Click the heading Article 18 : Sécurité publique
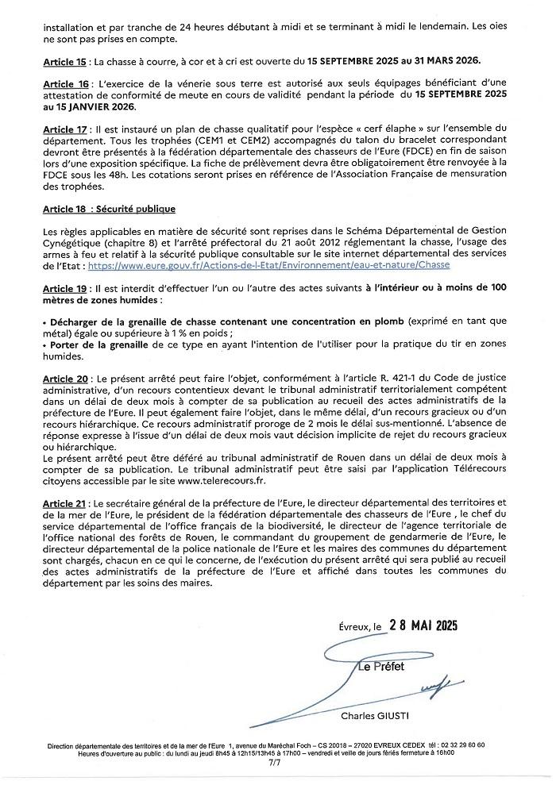tap(108, 210)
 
